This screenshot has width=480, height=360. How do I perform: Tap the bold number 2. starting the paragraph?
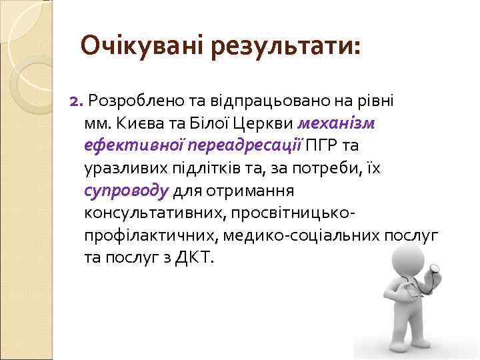(76, 101)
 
